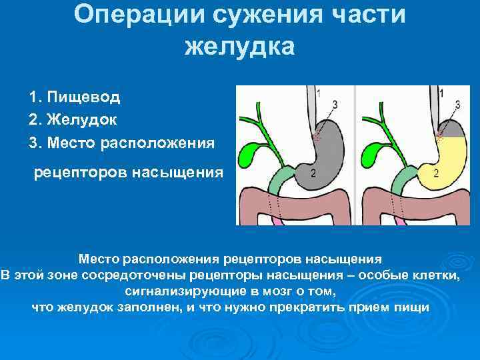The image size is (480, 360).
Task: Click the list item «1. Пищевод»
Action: [75, 97]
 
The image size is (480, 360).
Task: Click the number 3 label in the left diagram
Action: [334, 104]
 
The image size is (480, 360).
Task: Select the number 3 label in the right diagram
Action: [457, 104]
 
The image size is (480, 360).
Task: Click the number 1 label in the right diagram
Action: [442, 94]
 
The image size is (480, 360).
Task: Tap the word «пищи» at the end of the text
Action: [414, 307]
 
